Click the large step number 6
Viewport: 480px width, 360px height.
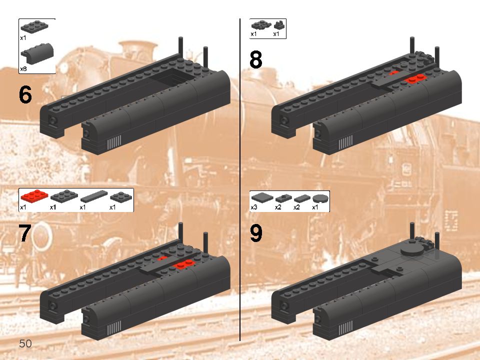(x=25, y=95)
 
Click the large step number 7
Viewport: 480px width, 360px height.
(x=25, y=233)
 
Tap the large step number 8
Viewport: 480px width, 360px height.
(x=255, y=60)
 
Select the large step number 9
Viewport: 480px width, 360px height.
(x=255, y=233)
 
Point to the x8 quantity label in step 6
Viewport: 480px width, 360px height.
(x=23, y=69)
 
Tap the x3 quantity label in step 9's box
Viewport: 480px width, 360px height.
(x=254, y=206)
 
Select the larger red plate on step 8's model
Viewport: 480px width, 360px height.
(x=415, y=78)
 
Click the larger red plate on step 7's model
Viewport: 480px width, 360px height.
(x=185, y=263)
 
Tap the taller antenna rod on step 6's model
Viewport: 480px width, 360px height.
(x=181, y=49)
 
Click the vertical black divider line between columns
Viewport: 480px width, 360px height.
(x=240, y=180)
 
